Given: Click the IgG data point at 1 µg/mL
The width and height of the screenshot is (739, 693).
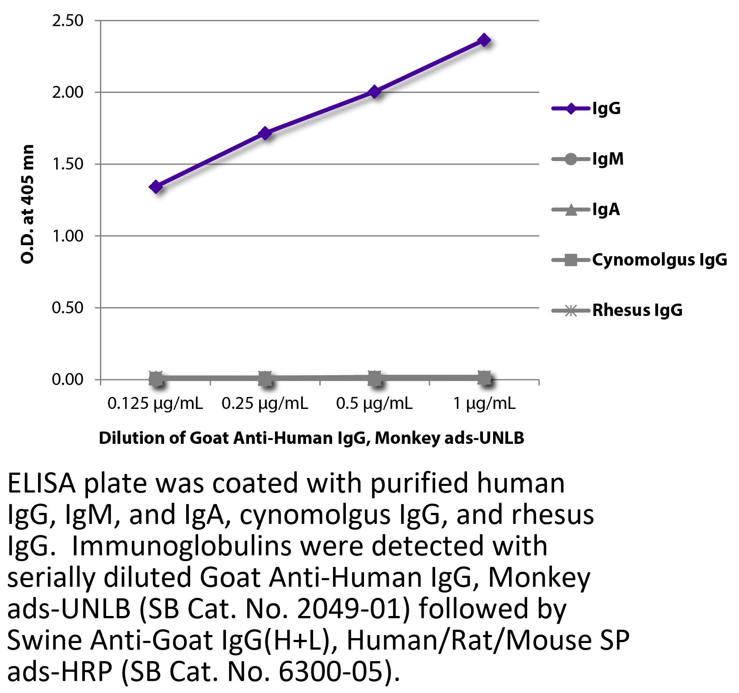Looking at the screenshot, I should [484, 40].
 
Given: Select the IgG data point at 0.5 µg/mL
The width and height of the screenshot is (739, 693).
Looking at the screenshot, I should [375, 92].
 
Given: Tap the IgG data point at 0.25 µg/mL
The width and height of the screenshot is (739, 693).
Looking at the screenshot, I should [265, 133].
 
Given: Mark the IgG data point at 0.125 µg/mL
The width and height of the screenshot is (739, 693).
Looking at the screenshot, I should [156, 186].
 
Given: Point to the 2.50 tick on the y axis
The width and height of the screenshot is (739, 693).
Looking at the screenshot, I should [68, 21].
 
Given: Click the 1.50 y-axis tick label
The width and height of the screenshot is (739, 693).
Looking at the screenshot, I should [68, 164].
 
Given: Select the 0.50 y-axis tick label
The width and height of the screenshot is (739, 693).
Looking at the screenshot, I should [68, 308].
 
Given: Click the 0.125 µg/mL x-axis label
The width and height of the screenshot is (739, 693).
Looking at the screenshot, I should [155, 404].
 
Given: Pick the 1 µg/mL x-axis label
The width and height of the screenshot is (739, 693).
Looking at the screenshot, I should [484, 404].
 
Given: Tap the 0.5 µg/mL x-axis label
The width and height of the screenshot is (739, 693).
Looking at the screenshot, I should [374, 404].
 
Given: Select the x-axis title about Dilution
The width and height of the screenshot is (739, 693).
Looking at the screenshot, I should [311, 438].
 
